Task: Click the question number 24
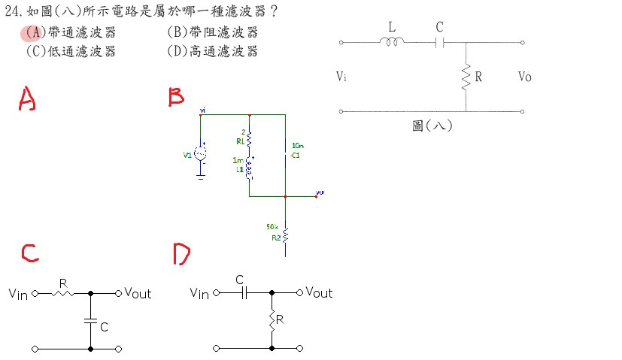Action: click(11, 12)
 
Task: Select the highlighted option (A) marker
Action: click(30, 32)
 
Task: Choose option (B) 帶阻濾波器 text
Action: click(212, 32)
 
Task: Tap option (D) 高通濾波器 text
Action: click(212, 51)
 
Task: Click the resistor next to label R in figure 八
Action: click(466, 76)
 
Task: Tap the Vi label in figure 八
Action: click(342, 77)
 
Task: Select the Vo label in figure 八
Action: click(525, 77)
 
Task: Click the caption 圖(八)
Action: click(432, 126)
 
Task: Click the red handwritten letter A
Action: click(27, 98)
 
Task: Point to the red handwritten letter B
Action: click(176, 97)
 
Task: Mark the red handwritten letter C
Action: click(30, 253)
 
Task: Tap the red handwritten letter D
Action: click(181, 254)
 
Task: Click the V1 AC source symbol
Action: click(201, 154)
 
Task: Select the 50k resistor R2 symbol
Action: click(285, 237)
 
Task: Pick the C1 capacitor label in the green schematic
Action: click(296, 156)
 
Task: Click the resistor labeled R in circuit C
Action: click(63, 293)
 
